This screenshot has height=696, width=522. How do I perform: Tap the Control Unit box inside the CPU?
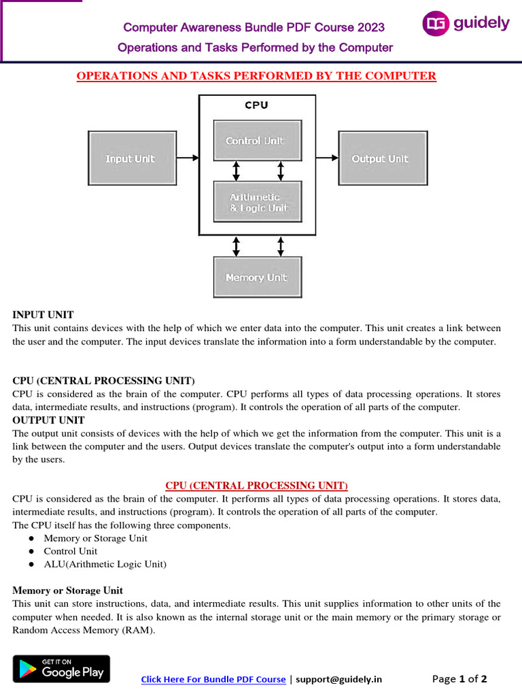257,141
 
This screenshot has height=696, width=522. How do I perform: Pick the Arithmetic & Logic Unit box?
257,202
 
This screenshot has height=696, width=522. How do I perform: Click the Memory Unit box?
257,277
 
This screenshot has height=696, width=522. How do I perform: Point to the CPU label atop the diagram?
256,105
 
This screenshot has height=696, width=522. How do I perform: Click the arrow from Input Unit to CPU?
188,158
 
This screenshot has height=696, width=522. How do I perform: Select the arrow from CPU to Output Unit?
327,158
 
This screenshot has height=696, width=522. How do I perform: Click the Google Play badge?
61,669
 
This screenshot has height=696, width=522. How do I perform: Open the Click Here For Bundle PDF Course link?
213,679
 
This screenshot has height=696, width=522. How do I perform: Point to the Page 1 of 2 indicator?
459,678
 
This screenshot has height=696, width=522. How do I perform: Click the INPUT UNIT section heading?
43,315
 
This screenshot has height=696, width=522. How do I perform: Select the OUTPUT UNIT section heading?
48,420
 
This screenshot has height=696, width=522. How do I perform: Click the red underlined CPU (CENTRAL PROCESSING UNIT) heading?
256,485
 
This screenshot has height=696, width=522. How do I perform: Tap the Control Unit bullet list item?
71,551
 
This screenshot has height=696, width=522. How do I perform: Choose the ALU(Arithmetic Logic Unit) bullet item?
105,564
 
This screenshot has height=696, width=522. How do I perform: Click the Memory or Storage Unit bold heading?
67,590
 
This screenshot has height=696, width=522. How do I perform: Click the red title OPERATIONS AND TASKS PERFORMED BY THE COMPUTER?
256,76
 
